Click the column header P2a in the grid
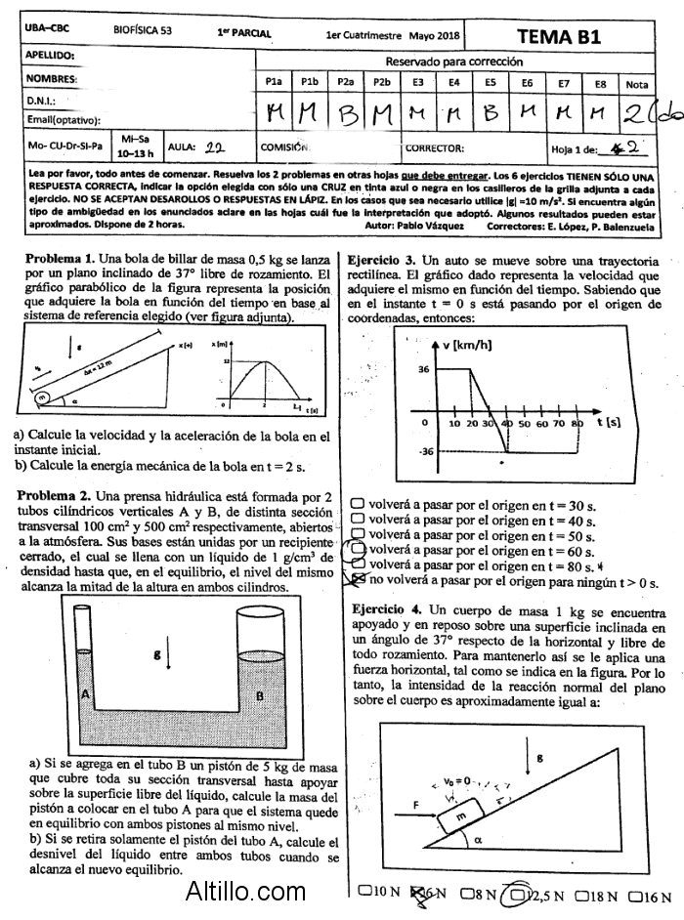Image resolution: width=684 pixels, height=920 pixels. (345, 84)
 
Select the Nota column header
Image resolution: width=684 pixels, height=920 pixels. (637, 84)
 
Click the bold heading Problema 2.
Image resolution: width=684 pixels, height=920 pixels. (55, 496)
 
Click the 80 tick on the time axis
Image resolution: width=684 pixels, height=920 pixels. (577, 425)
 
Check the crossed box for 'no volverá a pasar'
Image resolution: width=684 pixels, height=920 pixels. (358, 581)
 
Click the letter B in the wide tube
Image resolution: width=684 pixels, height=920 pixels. (259, 695)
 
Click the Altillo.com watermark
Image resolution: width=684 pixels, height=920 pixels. (245, 891)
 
